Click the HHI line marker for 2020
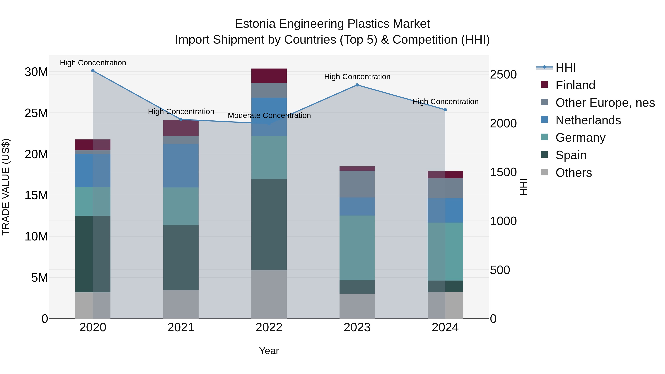[93, 71]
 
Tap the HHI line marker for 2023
[357, 85]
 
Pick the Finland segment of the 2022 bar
[269, 76]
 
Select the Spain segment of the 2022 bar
[269, 225]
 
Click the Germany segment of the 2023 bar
[357, 248]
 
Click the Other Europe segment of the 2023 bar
[357, 184]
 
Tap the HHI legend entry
[565, 68]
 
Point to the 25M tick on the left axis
[36, 113]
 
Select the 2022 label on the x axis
[269, 327]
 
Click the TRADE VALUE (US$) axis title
[6, 187]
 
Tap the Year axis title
[269, 351]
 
